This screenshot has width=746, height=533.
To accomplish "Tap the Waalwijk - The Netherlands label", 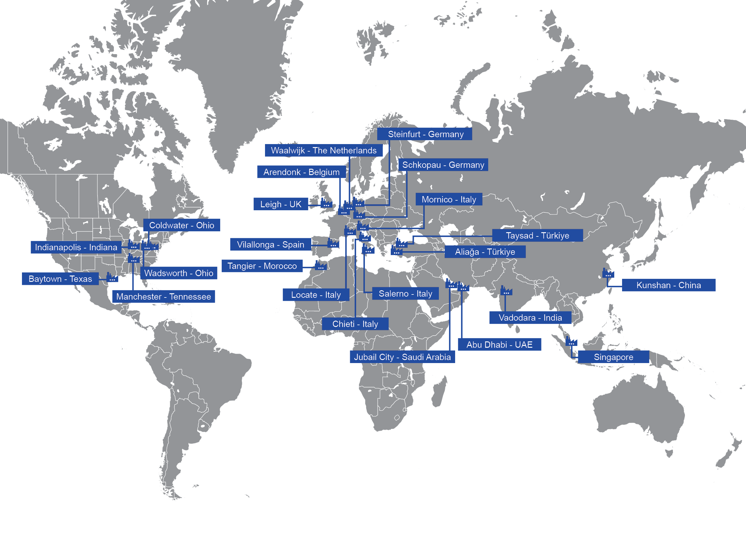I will [324, 151].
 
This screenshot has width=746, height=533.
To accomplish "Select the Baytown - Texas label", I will [60, 279].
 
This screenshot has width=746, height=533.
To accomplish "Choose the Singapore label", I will [613, 357].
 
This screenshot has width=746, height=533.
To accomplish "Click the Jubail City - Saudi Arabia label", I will [402, 357].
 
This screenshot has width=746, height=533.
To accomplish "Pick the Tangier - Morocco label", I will [262, 266].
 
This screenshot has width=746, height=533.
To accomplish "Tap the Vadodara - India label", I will [530, 318].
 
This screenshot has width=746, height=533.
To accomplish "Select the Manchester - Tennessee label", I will [163, 297].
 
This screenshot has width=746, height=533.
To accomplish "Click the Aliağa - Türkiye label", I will [485, 252].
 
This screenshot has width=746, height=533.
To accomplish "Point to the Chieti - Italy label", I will [355, 324].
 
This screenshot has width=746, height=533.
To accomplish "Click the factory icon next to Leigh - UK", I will [326, 204].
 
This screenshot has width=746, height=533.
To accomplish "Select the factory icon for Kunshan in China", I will [608, 273].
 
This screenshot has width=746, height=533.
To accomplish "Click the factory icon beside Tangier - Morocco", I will [321, 266].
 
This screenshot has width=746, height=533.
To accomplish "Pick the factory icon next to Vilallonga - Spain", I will [333, 244].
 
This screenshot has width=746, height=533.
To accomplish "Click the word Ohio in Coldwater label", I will [205, 226].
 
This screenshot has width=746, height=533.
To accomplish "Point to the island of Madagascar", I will [439, 392].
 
